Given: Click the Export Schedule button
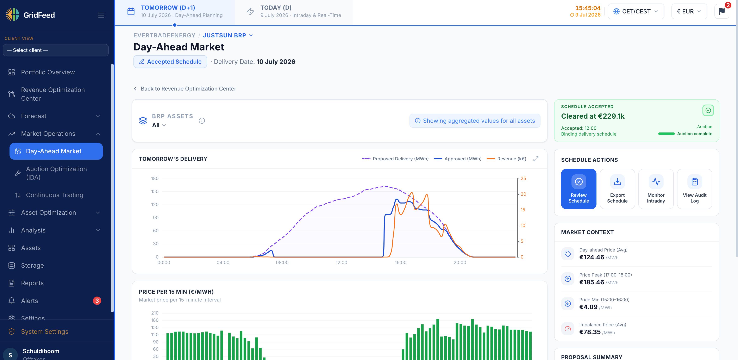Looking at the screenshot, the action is click(617, 189).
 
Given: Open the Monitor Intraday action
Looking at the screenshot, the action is click(656, 189).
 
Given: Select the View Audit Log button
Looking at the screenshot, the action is click(694, 189).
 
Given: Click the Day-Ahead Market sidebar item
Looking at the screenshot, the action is click(56, 151).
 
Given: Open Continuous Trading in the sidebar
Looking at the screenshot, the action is click(54, 195).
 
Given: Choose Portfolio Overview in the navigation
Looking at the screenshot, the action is click(48, 72).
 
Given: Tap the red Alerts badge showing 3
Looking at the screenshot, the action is click(97, 301).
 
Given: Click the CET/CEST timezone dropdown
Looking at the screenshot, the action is click(636, 11).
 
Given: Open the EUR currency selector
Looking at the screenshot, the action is click(689, 11).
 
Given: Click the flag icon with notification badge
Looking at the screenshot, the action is click(722, 11).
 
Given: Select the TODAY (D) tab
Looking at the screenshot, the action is click(294, 11).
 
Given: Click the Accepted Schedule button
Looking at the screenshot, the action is click(170, 62).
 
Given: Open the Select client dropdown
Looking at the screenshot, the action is click(56, 50).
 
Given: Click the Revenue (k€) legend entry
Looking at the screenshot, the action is click(507, 159).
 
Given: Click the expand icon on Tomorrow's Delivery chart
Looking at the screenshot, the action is click(536, 159).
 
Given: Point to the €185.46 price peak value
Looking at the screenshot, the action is click(592, 282).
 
